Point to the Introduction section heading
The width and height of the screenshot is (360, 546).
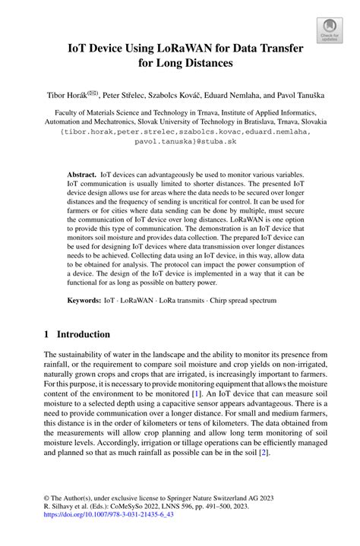click(83, 335)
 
